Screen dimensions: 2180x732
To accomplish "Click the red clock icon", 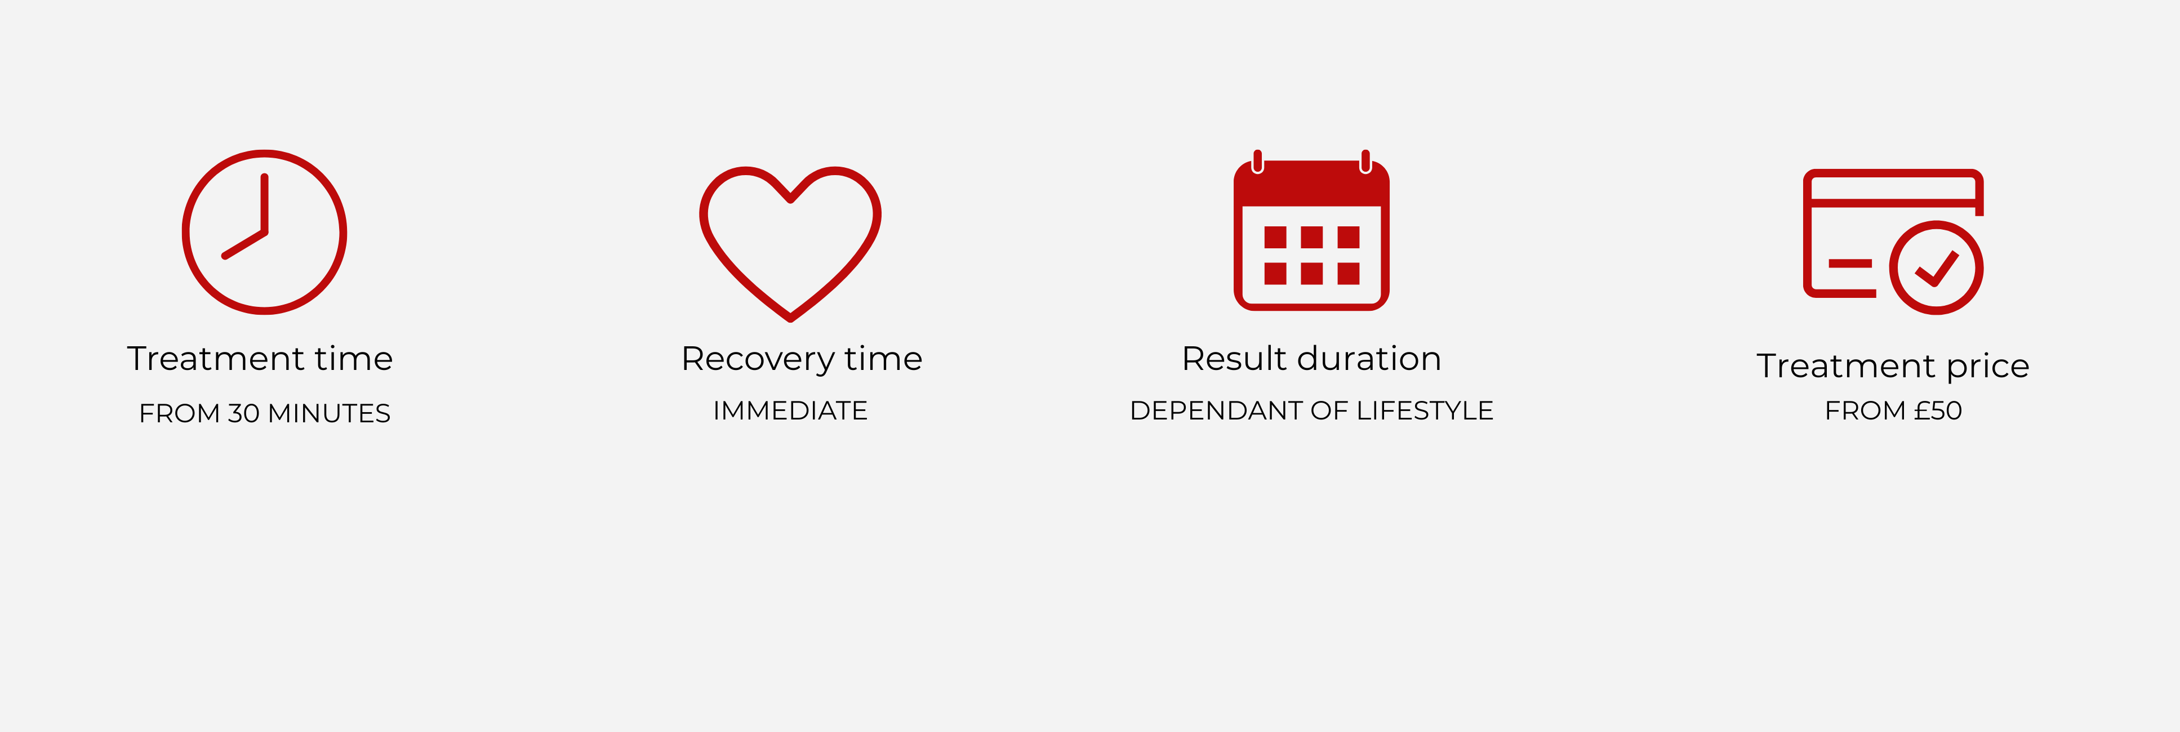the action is tap(264, 153).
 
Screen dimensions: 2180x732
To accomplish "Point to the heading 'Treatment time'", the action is tap(260, 359).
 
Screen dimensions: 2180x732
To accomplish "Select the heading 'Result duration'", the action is tap(1311, 359).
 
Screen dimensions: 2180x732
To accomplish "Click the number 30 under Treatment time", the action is tap(244, 413).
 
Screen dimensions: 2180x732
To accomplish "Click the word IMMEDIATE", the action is tap(790, 410).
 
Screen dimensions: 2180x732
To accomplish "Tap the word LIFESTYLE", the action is tap(1425, 410).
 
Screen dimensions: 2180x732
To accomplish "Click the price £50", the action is tap(1938, 410).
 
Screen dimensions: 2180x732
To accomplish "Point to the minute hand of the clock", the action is tap(265, 203).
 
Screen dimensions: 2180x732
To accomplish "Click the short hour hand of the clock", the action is tap(244, 244).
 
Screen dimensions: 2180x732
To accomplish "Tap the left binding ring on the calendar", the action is tap(1257, 161).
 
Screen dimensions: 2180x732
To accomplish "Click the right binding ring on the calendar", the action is tap(1365, 161).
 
